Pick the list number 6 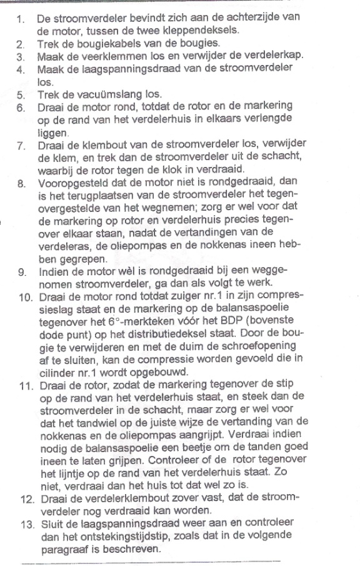21,108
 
